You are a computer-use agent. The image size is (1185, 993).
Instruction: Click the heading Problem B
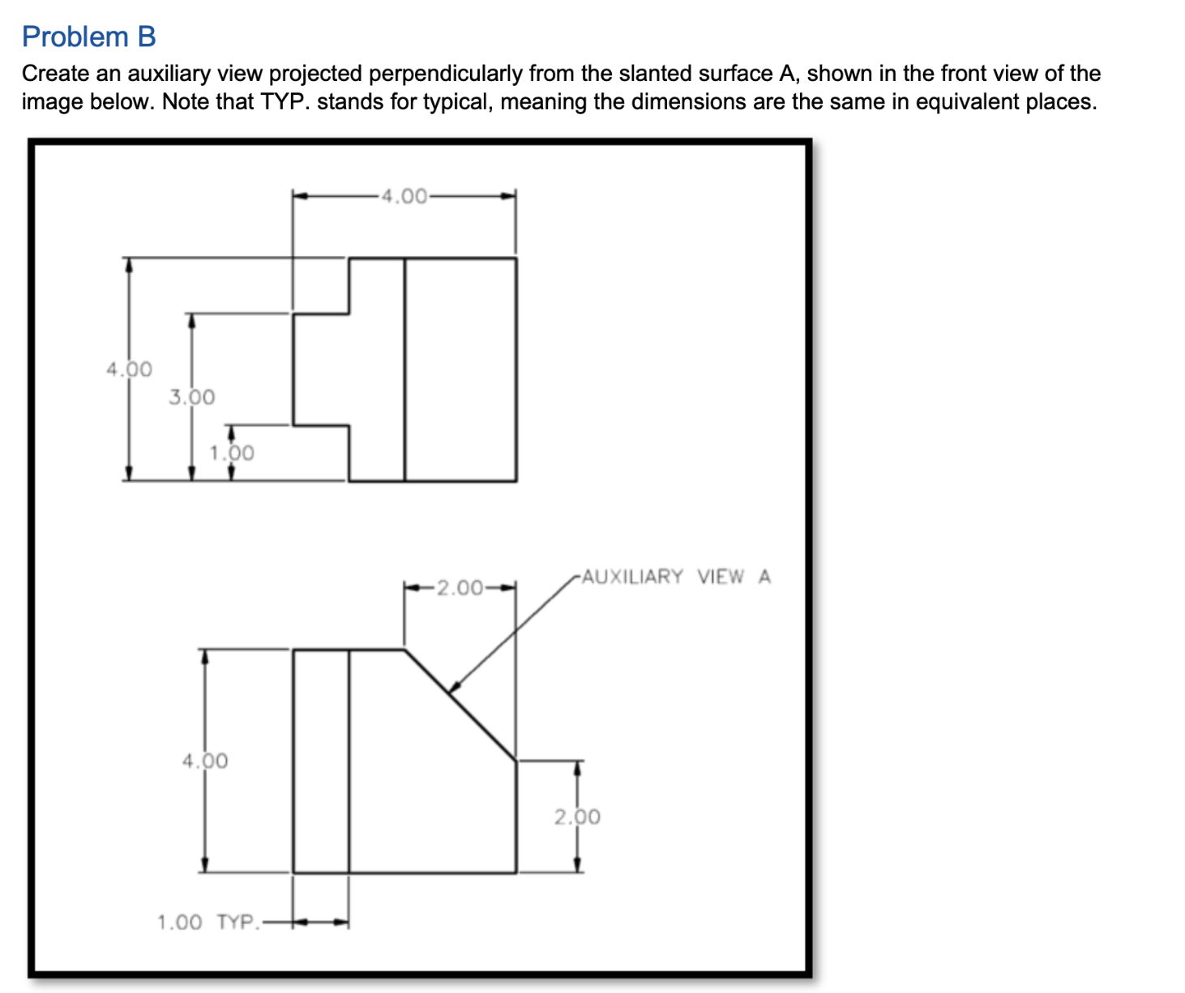(x=88, y=36)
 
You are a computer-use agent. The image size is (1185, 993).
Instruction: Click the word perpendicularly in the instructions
(x=446, y=74)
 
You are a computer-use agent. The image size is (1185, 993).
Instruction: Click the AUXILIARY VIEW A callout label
(x=676, y=577)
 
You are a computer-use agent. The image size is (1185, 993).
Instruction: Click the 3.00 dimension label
(x=192, y=397)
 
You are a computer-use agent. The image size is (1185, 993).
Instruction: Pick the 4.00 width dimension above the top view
(x=404, y=196)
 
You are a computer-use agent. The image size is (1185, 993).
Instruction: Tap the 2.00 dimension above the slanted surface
(x=460, y=587)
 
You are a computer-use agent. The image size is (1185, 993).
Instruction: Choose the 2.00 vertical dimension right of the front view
(x=577, y=816)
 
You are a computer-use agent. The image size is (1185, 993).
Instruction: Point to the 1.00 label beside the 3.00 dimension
(x=232, y=453)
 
